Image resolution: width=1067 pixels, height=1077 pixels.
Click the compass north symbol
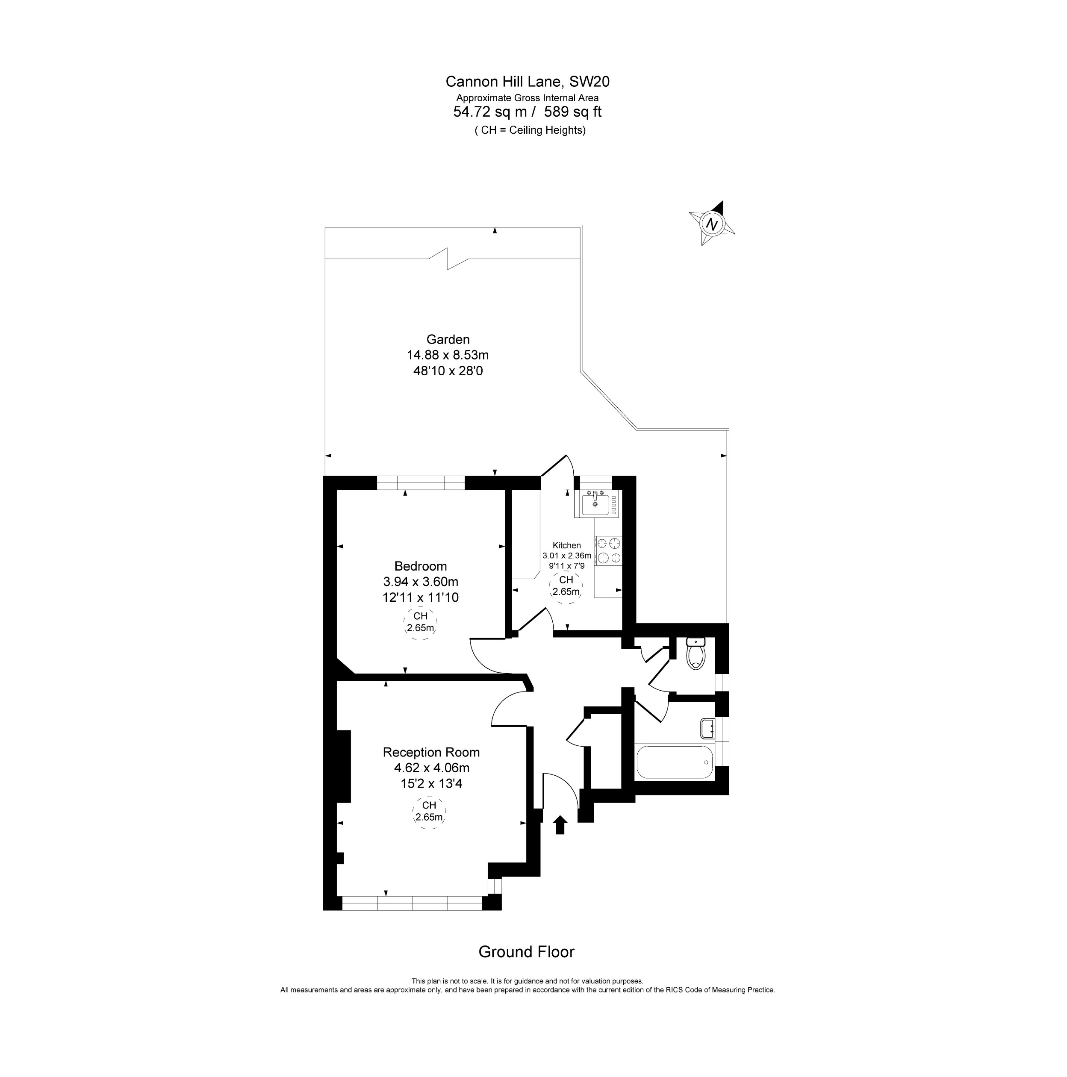click(711, 224)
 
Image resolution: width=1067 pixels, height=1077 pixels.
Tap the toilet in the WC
click(696, 654)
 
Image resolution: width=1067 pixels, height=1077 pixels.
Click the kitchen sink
click(595, 504)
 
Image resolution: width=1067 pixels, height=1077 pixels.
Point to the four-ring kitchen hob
click(608, 550)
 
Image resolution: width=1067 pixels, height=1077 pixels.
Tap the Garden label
click(448, 339)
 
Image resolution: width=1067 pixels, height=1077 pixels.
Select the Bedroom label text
click(420, 566)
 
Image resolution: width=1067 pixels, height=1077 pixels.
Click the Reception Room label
click(431, 752)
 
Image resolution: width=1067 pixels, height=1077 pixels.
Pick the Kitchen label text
click(566, 545)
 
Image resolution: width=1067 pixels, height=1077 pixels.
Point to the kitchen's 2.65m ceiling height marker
click(566, 586)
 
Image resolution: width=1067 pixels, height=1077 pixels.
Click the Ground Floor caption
click(526, 952)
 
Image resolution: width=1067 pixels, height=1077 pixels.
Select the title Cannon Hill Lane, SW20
click(528, 81)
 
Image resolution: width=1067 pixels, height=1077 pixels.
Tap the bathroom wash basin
click(707, 728)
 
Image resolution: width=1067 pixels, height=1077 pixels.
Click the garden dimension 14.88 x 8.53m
click(448, 355)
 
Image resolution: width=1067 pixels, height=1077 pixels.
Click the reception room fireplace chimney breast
click(343, 766)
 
